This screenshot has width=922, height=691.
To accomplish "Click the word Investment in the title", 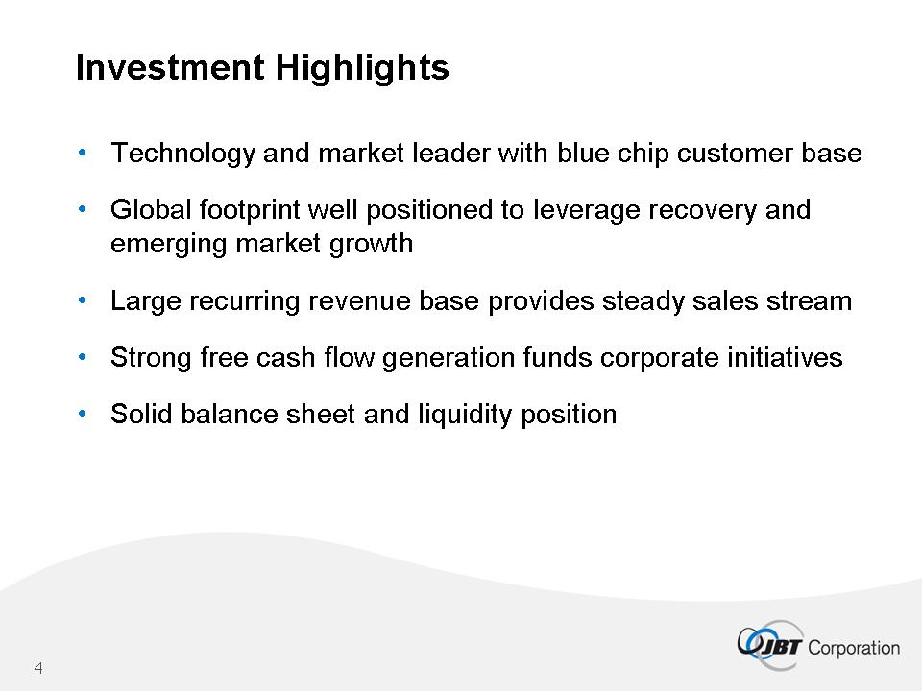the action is [x=170, y=67].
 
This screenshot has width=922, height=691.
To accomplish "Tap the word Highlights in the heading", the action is [x=362, y=68].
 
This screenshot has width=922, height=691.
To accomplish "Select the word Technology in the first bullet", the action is [x=182, y=154].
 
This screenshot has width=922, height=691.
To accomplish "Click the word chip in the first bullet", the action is [x=643, y=154].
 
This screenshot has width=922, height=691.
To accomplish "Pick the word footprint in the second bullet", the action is [x=250, y=210].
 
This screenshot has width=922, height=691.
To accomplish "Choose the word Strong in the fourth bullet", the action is [x=151, y=358].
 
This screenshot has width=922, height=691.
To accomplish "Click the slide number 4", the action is [x=38, y=668].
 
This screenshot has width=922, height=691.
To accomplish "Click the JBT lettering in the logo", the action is [x=780, y=647].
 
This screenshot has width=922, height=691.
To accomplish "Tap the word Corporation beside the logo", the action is [x=854, y=648].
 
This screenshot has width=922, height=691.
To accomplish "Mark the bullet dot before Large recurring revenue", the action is [x=83, y=300].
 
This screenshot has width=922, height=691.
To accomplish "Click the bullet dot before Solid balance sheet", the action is [x=83, y=414].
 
